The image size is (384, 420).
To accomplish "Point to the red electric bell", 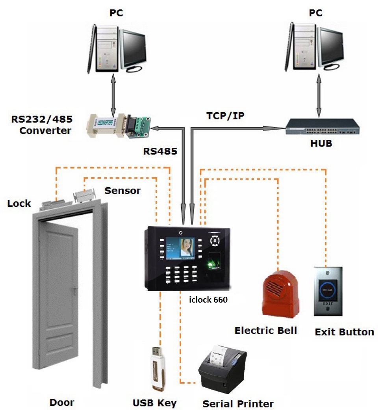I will click(x=280, y=294).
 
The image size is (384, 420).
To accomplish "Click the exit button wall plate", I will click(x=329, y=292).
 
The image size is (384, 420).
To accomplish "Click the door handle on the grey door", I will click(x=74, y=291).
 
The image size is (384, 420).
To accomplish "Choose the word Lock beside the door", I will click(x=19, y=203).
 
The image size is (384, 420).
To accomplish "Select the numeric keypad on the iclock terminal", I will click(x=181, y=274).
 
